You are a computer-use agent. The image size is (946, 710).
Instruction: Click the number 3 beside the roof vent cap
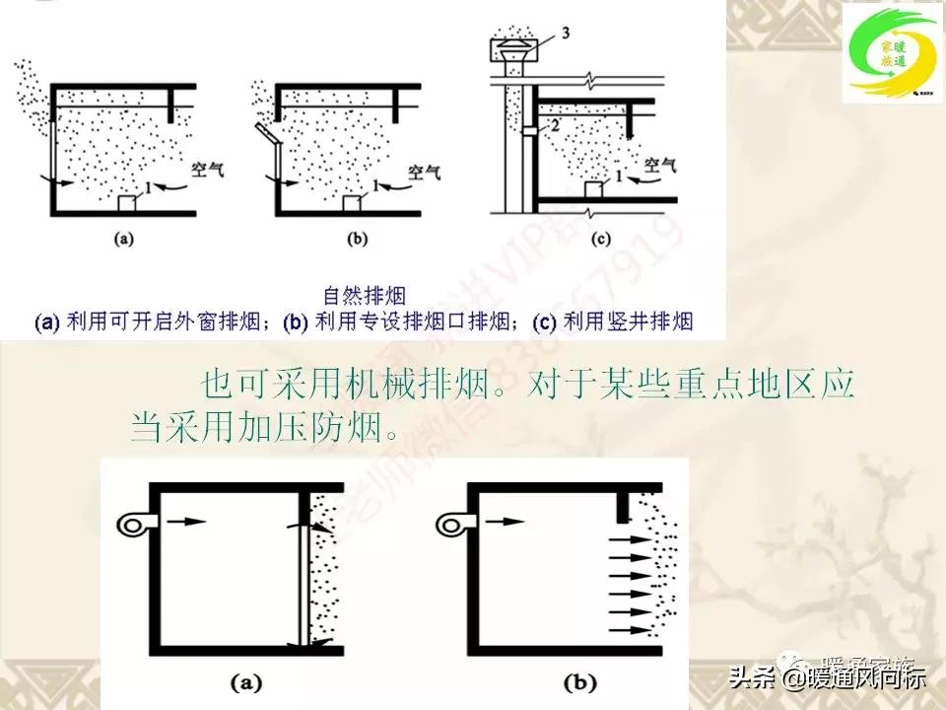coord(566,35)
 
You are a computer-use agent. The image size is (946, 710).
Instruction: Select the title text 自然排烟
coord(366,294)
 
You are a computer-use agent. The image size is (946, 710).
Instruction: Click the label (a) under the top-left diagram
coord(125,238)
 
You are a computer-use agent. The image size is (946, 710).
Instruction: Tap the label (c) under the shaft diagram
coord(602,238)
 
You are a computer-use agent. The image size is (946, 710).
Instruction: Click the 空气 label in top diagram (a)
coord(207,169)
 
